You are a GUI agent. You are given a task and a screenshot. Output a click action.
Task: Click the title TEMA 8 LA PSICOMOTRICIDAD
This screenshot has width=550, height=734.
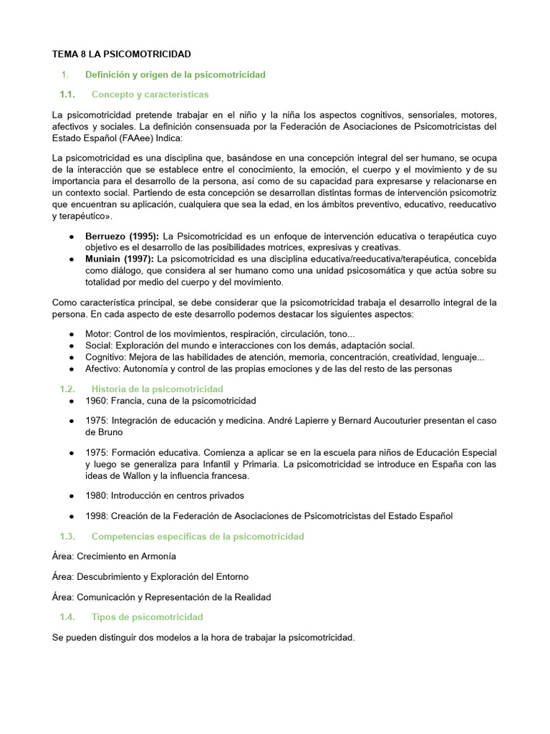point(122,54)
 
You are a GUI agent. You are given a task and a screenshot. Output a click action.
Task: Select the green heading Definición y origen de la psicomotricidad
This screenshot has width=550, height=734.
point(175,75)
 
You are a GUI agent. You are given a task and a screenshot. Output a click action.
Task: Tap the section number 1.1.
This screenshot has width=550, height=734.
point(67,95)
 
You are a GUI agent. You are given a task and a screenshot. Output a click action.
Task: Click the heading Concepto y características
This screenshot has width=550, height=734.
point(150,95)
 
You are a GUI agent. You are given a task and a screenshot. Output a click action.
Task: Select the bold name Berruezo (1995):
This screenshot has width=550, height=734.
point(122,236)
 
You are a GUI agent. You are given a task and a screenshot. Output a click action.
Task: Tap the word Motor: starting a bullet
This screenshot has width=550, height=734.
point(98,334)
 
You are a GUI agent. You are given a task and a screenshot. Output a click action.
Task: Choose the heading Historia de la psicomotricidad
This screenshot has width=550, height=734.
point(158,389)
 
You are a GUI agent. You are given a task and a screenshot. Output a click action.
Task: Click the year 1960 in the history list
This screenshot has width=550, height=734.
point(96,401)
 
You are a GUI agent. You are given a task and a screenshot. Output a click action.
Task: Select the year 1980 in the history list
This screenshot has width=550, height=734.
point(96,495)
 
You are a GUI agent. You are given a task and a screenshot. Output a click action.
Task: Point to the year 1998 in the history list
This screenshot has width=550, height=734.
point(96,516)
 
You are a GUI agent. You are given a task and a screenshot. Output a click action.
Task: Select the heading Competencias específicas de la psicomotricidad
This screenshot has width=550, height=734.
point(198,536)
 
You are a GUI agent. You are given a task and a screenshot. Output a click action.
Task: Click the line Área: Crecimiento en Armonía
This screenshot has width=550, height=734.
point(114,556)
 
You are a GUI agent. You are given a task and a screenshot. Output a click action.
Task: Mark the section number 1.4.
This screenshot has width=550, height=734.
point(67,616)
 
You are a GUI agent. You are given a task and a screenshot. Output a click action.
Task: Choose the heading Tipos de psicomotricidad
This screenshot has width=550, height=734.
point(148,616)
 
